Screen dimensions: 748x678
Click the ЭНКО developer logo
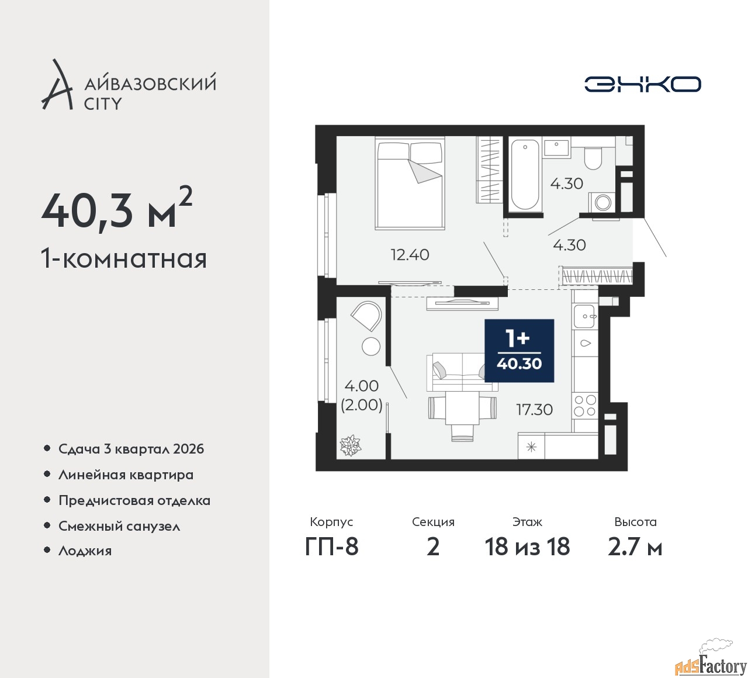[x=642, y=84]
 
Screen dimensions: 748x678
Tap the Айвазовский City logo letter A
[x=57, y=85]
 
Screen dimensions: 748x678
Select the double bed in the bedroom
[x=410, y=183]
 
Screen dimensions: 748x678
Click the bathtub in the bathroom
[x=525, y=175]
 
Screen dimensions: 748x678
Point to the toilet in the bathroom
[x=592, y=158]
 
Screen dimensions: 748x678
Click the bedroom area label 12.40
[x=410, y=255]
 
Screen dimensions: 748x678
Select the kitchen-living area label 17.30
[x=534, y=410]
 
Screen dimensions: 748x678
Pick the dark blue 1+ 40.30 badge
[x=519, y=351]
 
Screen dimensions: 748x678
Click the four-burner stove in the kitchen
[x=585, y=406]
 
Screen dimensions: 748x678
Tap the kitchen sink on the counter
[x=585, y=317]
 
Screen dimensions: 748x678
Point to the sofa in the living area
[x=462, y=372]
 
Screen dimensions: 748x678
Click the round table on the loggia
[x=370, y=346]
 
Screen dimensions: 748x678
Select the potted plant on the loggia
[x=350, y=445]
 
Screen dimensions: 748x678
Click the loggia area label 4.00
[x=362, y=386]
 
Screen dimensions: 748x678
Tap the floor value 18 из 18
[x=527, y=546]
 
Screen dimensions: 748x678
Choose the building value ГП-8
[x=331, y=546]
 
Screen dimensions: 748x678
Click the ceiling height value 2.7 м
[x=635, y=547]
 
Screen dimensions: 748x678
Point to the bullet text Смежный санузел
[x=119, y=526]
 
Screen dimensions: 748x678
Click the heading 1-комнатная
[x=124, y=259]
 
